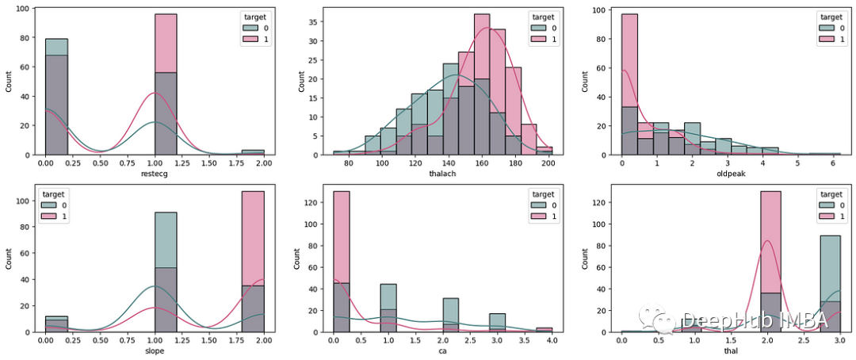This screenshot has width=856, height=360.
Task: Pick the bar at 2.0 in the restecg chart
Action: (x=253, y=151)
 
